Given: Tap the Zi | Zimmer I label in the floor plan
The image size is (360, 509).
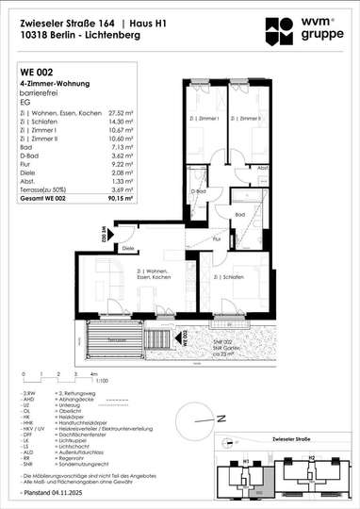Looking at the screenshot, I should point(209,119).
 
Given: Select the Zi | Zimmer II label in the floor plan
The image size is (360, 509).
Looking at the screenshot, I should point(250,119).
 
